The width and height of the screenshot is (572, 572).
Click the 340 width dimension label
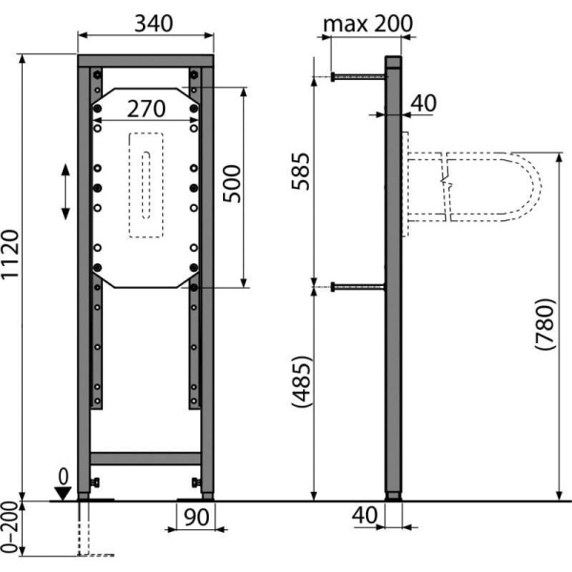(x=153, y=24)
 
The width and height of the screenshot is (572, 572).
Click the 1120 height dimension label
(x=10, y=255)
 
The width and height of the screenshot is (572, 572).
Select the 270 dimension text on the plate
(x=146, y=109)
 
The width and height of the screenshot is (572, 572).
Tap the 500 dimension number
(x=233, y=184)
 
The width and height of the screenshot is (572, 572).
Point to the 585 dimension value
(x=300, y=171)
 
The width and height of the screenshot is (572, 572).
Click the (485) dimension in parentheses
(x=301, y=381)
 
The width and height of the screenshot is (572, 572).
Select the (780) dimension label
(x=545, y=324)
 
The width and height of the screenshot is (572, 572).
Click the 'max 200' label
(x=368, y=24)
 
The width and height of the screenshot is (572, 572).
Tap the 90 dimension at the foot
(x=196, y=517)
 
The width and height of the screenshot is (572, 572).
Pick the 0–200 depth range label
(x=10, y=528)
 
